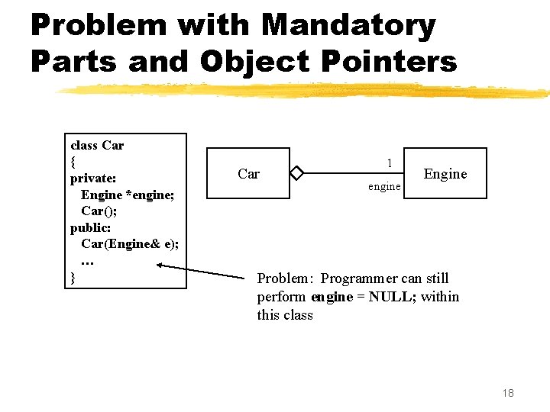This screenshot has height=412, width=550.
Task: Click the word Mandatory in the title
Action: pyautogui.click(x=348, y=26)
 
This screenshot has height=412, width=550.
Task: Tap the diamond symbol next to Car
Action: pyautogui.click(x=297, y=173)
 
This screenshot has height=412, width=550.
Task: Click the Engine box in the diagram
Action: pyautogui.click(x=445, y=173)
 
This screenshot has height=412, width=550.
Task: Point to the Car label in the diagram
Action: pyautogui.click(x=248, y=174)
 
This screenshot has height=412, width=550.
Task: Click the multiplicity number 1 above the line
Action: pyautogui.click(x=390, y=163)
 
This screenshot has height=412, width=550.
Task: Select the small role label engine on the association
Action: pyautogui.click(x=383, y=186)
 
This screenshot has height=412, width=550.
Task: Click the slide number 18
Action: pyautogui.click(x=508, y=392)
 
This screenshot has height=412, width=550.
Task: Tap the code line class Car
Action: pyautogui.click(x=97, y=145)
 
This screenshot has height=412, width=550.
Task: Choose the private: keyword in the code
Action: pyautogui.click(x=93, y=179)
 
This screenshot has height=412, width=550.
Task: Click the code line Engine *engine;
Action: pyautogui.click(x=128, y=195)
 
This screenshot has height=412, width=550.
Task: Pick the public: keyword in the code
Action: pyautogui.click(x=91, y=227)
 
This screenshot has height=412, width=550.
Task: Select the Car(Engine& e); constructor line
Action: pyautogui.click(x=130, y=244)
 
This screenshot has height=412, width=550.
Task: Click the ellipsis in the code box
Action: pyautogui.click(x=87, y=261)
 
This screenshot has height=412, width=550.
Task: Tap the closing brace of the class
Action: pyautogui.click(x=73, y=278)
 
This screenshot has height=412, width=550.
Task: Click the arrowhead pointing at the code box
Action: pyautogui.click(x=160, y=266)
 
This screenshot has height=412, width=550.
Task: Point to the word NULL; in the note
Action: pyautogui.click(x=392, y=296)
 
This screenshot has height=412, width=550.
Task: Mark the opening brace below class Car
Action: pyautogui.click(x=73, y=162)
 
